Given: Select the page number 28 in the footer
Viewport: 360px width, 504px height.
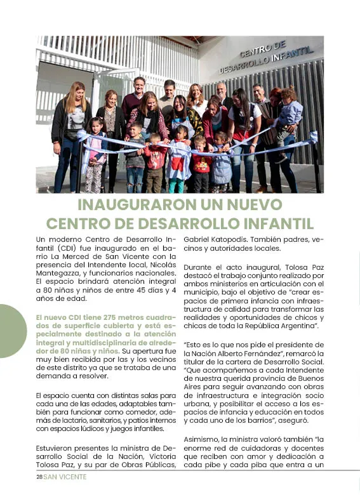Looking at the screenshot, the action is (39, 477).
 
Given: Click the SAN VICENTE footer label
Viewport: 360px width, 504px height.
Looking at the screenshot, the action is (65, 477).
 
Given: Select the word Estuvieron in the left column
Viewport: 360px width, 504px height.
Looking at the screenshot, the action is (57, 448).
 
